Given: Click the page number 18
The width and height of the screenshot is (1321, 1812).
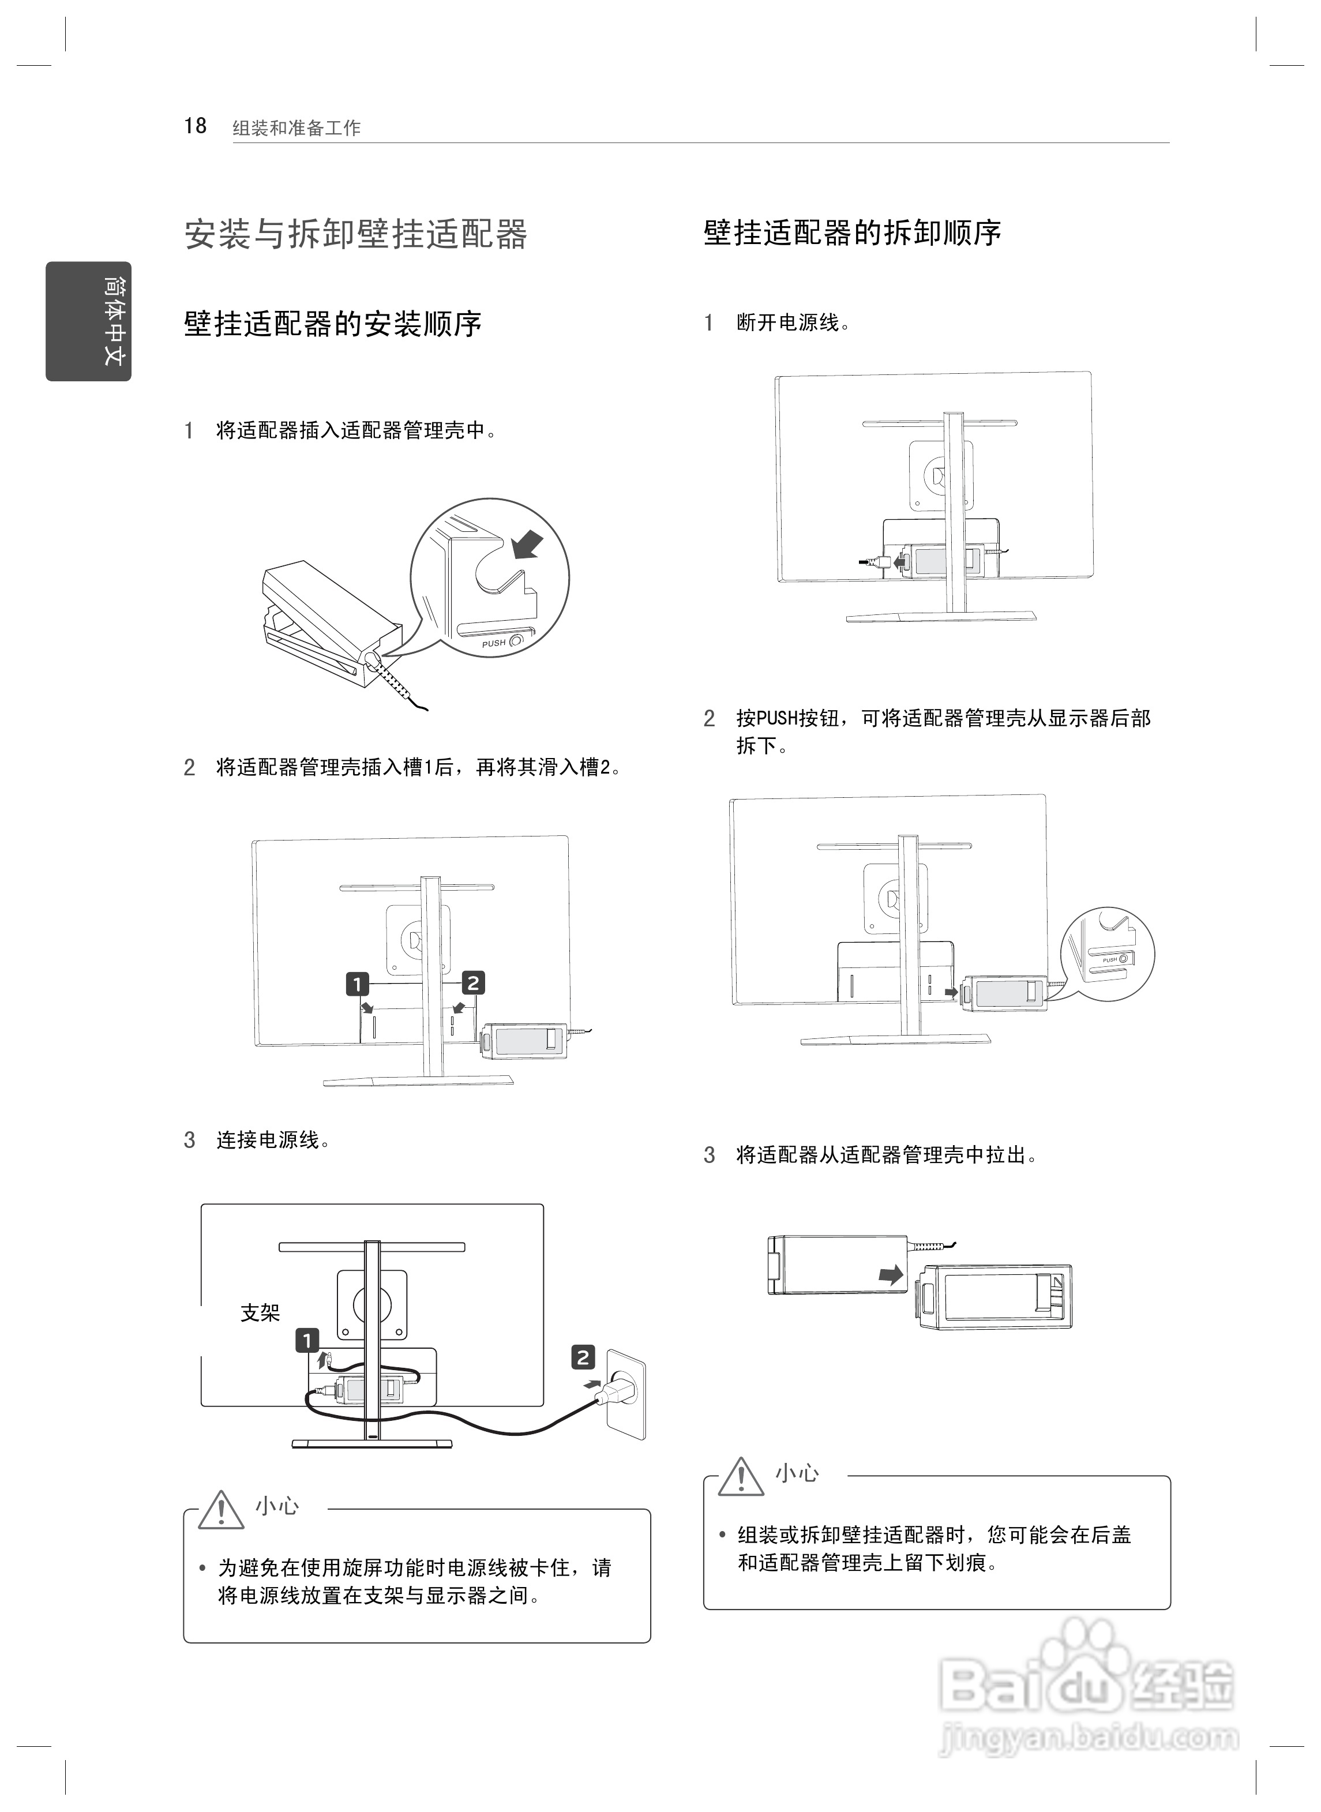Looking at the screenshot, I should point(195,126).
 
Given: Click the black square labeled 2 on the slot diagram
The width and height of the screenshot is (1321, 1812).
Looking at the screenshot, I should point(474,983).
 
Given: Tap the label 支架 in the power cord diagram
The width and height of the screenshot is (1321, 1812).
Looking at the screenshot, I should point(260,1313).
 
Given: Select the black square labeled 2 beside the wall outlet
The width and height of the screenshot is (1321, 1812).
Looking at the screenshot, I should point(583,1357).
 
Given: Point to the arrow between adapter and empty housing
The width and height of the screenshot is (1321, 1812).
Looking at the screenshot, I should point(891,1275).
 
